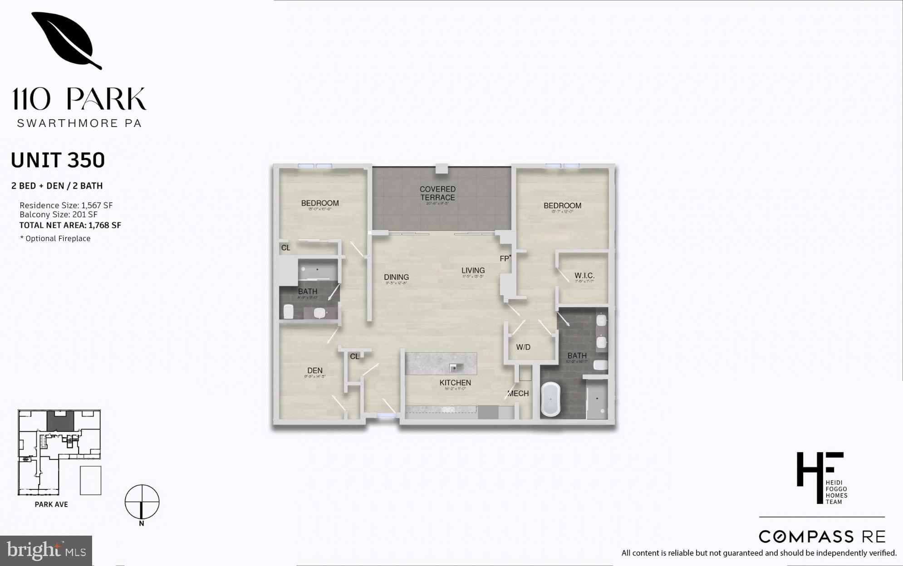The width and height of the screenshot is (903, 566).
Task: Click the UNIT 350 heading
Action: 58,161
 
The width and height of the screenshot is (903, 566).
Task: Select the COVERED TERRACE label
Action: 437,193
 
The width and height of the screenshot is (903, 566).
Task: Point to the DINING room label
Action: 396,277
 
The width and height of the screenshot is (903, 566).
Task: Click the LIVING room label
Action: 473,270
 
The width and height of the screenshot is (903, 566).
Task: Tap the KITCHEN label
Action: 455,383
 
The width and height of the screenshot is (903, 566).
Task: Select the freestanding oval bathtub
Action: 551,399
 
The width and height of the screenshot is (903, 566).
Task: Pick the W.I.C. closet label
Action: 584,276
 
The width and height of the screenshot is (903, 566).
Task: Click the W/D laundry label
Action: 523,347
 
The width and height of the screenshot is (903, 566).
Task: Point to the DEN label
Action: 314,371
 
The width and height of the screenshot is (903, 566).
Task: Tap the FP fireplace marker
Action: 505,259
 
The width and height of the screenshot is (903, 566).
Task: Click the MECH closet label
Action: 518,394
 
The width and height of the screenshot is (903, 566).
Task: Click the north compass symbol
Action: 142,502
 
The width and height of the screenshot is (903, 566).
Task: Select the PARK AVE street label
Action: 51,504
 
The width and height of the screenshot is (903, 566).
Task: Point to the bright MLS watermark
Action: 46,551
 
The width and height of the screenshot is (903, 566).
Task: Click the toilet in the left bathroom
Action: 288,312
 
